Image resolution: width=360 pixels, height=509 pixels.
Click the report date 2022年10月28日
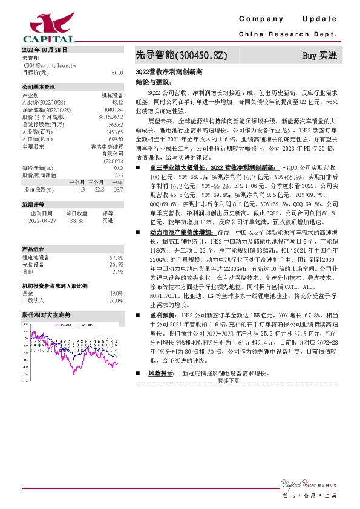coord(44,50)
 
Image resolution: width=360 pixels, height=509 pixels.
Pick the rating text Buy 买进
coord(319,56)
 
